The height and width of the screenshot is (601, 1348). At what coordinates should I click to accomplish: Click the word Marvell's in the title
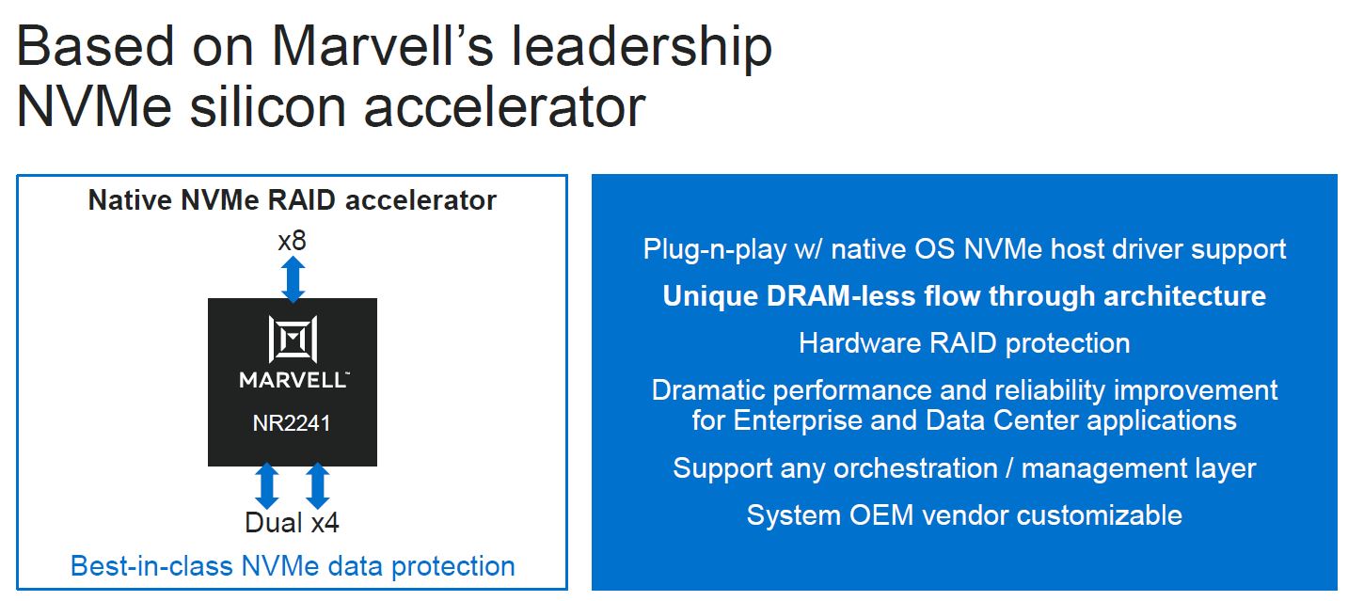382,47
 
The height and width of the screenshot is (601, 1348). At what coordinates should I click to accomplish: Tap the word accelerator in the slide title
504,108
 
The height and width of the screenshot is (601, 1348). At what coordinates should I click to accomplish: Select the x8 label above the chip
292,241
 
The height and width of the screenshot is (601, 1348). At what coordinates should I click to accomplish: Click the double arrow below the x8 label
293,279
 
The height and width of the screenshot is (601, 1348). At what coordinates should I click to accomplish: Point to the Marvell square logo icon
293,339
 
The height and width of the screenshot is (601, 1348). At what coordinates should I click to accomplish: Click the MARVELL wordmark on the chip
293,380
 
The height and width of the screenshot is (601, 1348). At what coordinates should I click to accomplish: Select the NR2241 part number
292,423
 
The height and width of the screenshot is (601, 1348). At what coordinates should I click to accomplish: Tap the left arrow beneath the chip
266,486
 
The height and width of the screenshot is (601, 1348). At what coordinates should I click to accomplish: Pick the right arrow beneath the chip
318,486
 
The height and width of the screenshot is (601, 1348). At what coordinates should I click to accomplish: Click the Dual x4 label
292,523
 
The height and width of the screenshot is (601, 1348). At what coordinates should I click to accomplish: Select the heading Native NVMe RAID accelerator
293,200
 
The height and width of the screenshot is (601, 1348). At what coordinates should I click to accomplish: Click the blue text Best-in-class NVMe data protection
293,566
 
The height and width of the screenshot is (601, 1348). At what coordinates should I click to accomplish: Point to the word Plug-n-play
715,249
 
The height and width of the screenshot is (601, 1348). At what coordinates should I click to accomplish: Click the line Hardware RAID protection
964,343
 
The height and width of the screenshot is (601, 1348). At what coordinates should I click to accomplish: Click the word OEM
880,515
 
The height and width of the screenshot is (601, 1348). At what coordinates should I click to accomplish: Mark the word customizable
1100,515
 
